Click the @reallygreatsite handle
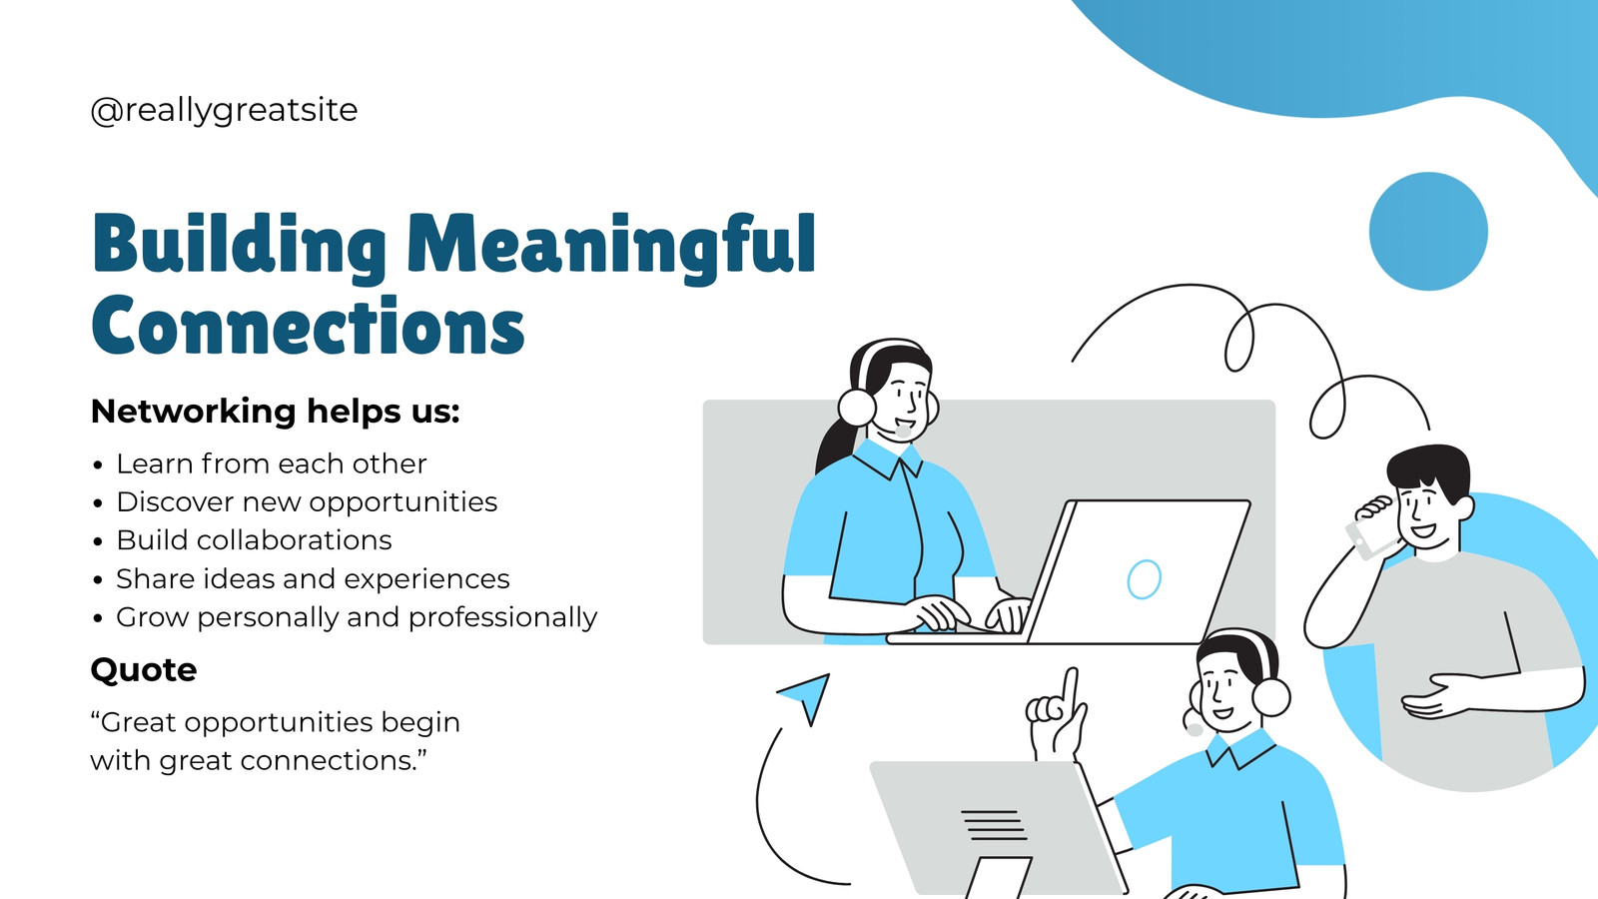tap(224, 111)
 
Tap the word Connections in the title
tap(309, 326)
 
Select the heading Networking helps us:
tap(276, 412)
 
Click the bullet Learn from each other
tap(271, 463)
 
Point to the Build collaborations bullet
tap(254, 540)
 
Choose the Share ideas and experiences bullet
tap(314, 579)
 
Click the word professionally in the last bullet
tap(503, 618)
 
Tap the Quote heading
tap(144, 670)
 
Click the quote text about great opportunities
tap(276, 741)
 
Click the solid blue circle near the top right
tap(1428, 231)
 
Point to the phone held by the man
tap(1368, 537)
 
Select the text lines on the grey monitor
tap(994, 825)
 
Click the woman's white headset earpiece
tap(857, 408)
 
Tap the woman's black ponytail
tap(835, 446)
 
